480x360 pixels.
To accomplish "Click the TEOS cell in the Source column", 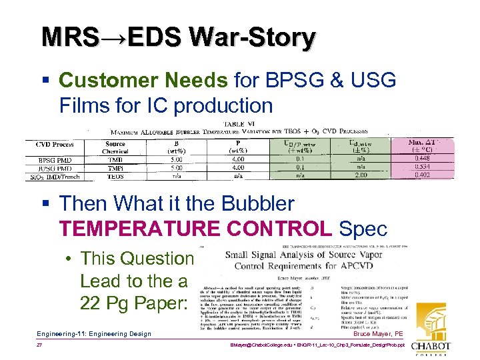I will (116, 175).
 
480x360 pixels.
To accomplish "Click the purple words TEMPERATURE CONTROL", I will (195, 228).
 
